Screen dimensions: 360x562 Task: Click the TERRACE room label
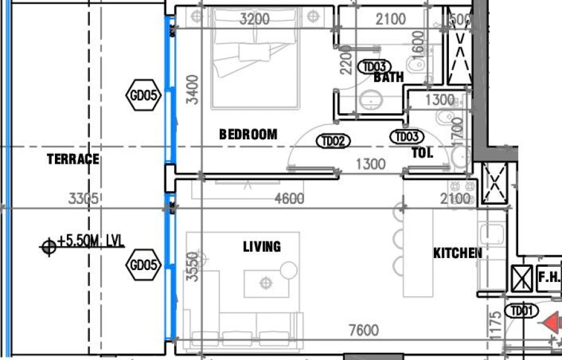coord(73,159)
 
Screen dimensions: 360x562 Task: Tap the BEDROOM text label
coord(248,134)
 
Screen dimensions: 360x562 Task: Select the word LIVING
coord(262,247)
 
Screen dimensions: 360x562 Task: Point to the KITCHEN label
coord(458,253)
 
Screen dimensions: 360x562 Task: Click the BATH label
coord(388,77)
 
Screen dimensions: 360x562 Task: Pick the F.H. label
coord(549,277)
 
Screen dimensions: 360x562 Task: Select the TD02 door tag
coord(333,141)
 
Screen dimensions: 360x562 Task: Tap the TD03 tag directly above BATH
coord(376,66)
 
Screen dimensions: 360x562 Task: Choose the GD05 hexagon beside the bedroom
coord(145,96)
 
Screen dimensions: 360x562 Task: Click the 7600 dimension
coord(363,331)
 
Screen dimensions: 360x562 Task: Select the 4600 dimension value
coord(289,199)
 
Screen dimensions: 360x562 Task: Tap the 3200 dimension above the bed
coord(255,19)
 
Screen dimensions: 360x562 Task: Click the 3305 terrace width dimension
coord(83,199)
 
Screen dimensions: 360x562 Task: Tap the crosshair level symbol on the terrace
coord(48,247)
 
